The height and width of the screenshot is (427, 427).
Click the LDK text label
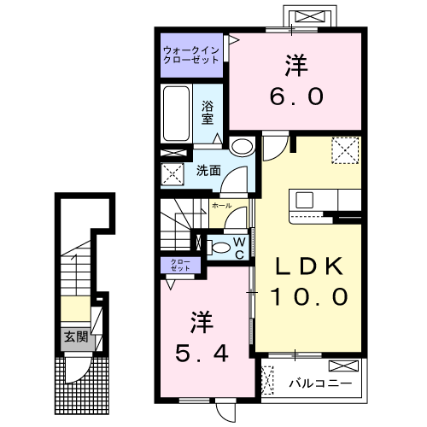point(310,266)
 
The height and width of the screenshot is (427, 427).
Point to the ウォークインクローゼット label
point(191,56)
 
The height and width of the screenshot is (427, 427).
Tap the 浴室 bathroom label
point(208,112)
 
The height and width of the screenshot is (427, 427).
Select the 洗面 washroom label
point(208,170)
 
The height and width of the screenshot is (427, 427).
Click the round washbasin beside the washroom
point(242,146)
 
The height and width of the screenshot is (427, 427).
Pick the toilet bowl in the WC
point(220,248)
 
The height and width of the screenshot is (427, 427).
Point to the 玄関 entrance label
point(74,336)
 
